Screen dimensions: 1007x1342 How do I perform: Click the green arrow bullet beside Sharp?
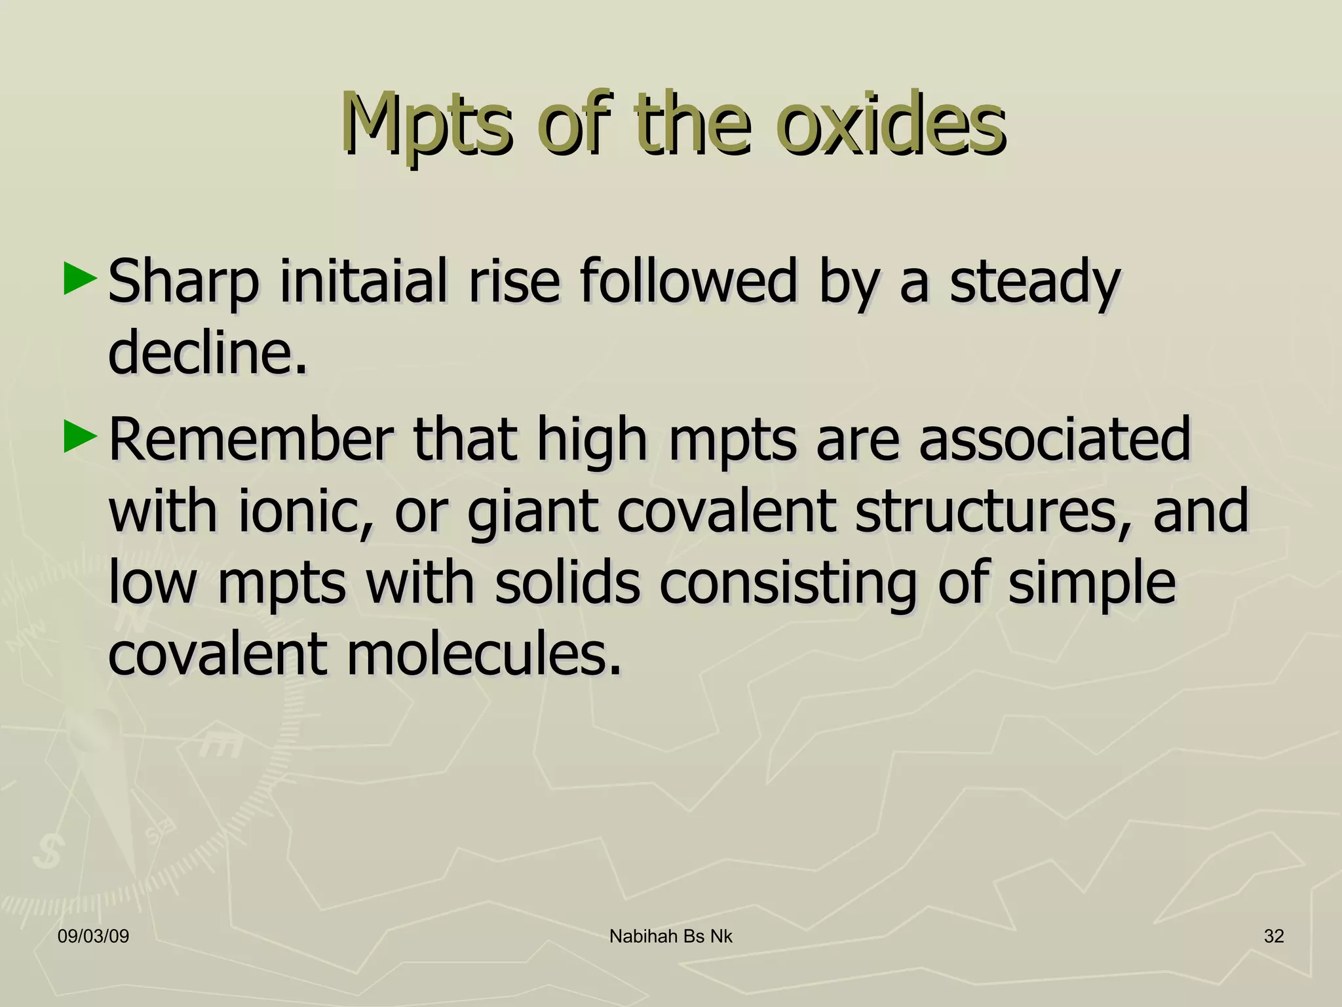tap(81, 279)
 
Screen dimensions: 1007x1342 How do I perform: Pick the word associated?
tap(1054, 439)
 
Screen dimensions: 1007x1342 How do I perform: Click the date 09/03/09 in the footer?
tap(93, 936)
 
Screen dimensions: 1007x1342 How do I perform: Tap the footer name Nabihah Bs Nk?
tap(671, 936)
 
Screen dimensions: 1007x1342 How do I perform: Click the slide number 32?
tap(1274, 936)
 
